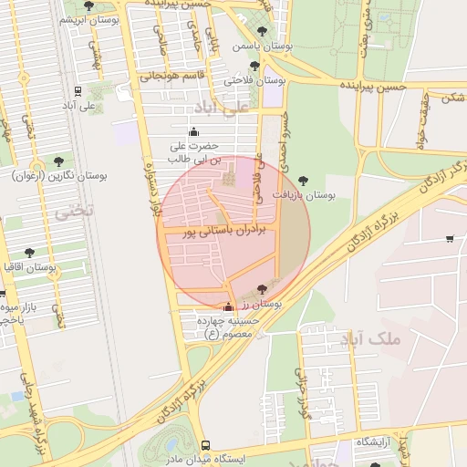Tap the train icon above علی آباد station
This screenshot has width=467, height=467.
pyautogui.click(x=78, y=91)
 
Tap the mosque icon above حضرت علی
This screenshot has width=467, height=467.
pyautogui.click(x=192, y=132)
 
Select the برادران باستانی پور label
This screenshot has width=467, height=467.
pyautogui.click(x=223, y=233)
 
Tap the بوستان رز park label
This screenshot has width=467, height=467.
pyautogui.click(x=265, y=302)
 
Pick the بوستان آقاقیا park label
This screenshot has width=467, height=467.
pyautogui.click(x=30, y=267)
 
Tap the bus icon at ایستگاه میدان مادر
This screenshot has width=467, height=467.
pyautogui.click(x=206, y=445)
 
